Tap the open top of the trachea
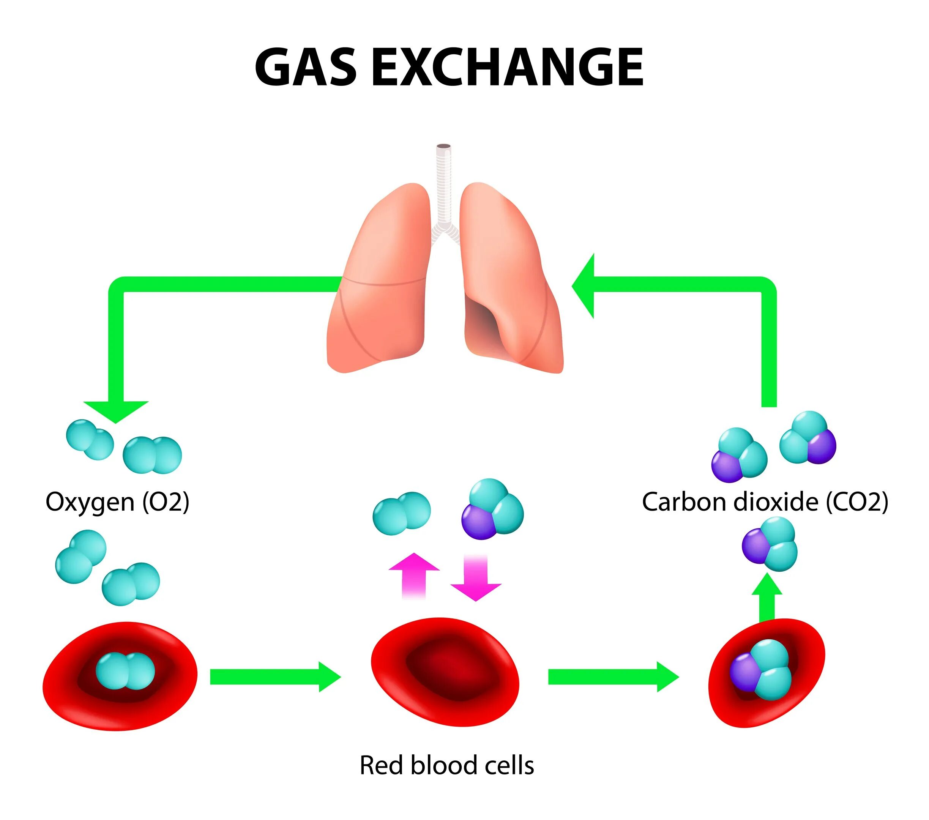coord(443,147)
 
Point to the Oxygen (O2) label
coord(117,502)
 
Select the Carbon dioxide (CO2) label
coord(765,502)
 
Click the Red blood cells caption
coord(446,765)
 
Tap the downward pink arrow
coord(476,577)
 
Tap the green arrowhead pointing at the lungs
coord(584,286)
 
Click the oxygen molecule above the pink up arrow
coord(401,513)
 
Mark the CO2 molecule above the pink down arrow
coord(492,509)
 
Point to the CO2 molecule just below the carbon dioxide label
coord(770,543)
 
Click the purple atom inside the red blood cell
coord(744,670)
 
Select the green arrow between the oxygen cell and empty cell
coord(275,677)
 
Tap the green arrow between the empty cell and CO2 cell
coord(613,677)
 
